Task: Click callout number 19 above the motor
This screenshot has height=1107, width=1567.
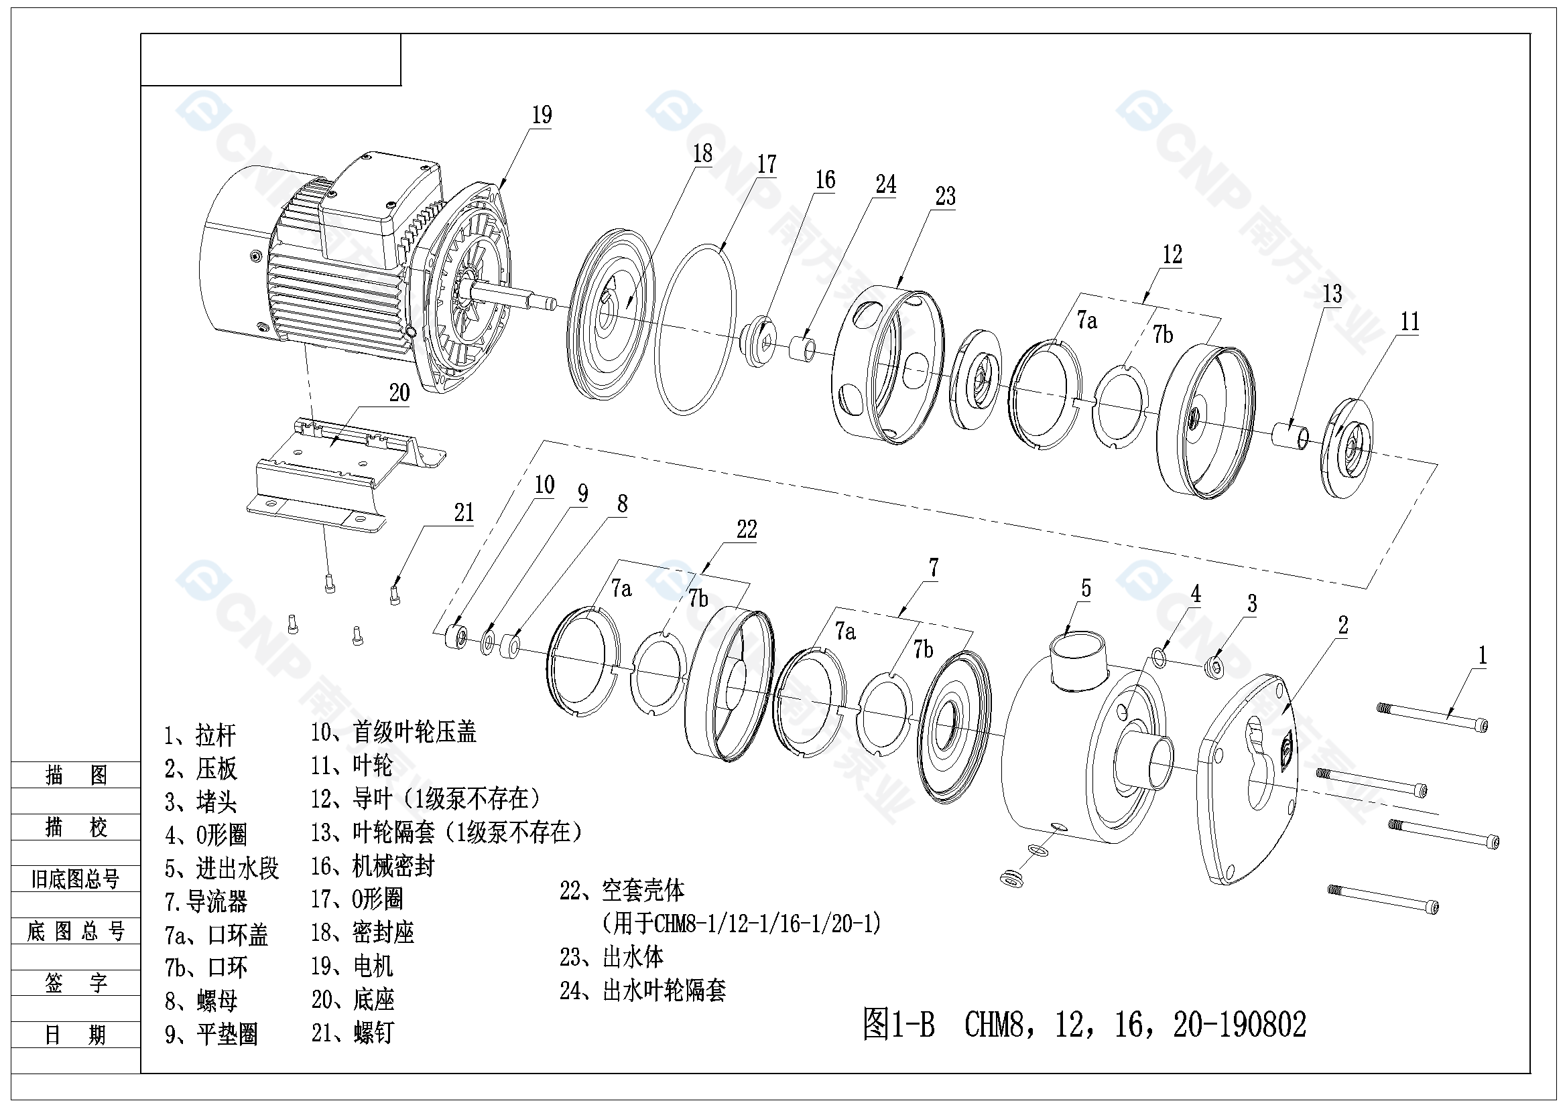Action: tap(542, 115)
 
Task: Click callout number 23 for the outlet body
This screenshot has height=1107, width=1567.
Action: tap(945, 196)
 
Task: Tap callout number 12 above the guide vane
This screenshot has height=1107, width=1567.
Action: tap(1172, 255)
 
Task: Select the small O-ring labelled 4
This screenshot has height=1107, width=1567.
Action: tap(1159, 658)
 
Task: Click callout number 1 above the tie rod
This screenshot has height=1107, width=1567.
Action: tap(1482, 656)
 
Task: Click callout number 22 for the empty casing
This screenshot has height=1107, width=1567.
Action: tap(747, 529)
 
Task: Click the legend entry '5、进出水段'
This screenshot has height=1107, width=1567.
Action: tap(221, 869)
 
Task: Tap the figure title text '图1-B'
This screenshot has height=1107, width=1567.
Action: tap(898, 1024)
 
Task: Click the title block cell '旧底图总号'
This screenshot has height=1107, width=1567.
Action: tap(75, 879)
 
